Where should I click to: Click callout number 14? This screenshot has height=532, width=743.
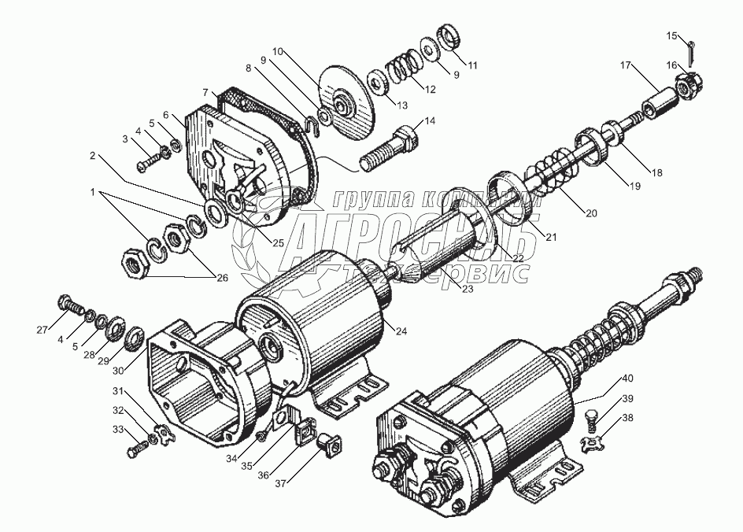click(429, 120)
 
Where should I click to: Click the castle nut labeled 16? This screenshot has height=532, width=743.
click(688, 80)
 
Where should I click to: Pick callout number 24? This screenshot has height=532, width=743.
click(401, 331)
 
